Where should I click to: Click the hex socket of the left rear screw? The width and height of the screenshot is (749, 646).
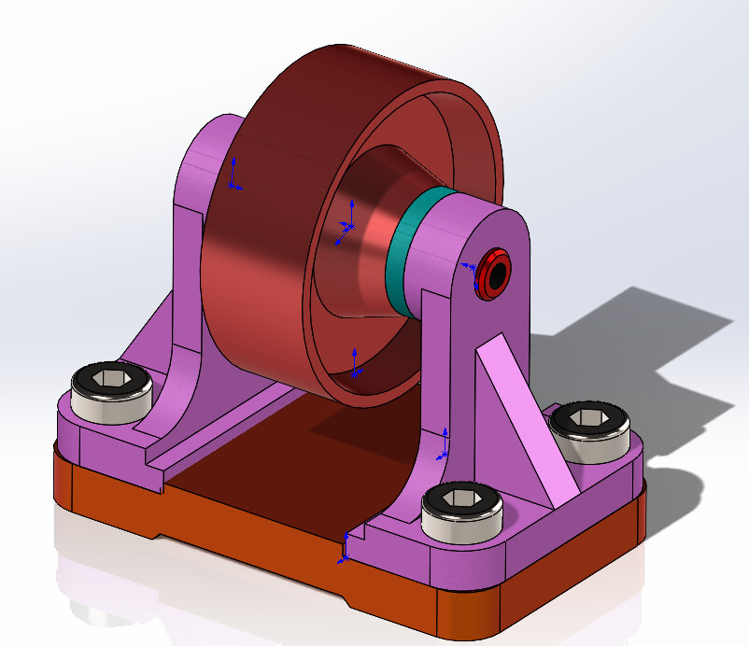[111, 377]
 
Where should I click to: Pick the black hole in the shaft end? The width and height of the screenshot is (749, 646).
[495, 274]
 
